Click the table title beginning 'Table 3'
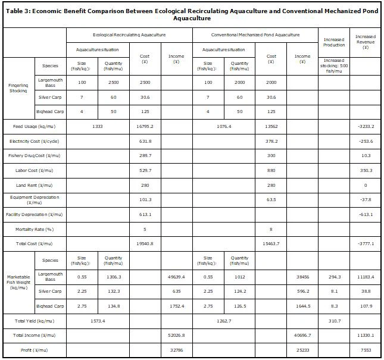pos(192,14)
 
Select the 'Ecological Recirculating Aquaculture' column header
pos(129,35)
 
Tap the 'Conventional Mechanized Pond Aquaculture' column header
pos(255,35)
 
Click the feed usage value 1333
pos(98,126)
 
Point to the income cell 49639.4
pos(176,277)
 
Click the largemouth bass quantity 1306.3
pos(113,277)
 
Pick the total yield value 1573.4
pos(98,321)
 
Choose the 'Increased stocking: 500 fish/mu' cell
pos(333,65)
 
